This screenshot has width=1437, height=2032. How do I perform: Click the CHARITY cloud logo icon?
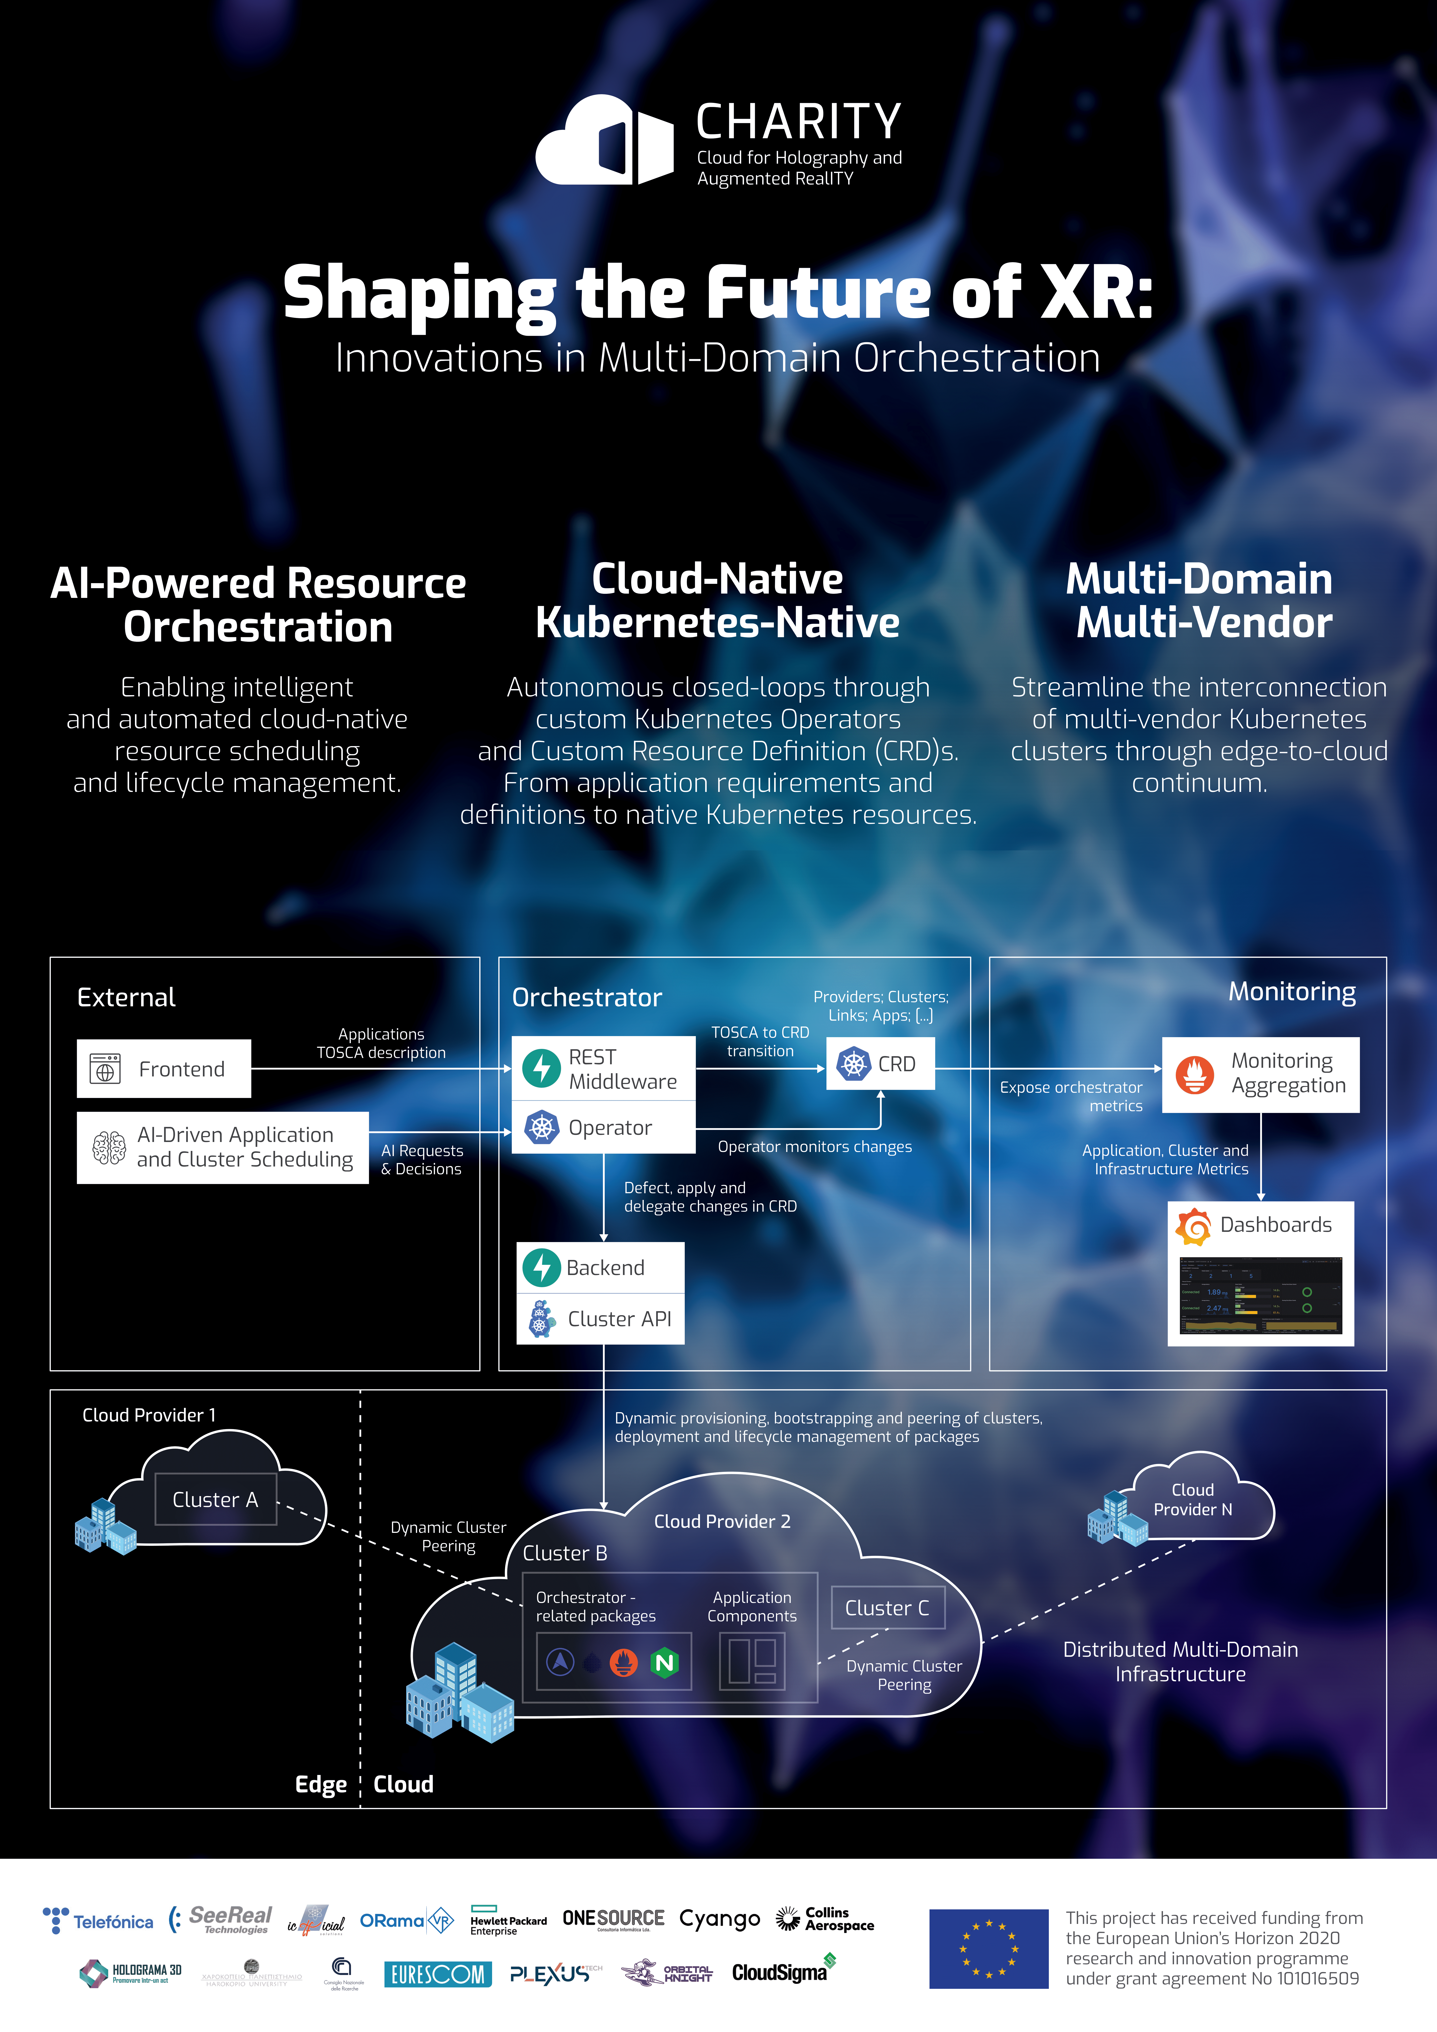click(x=604, y=141)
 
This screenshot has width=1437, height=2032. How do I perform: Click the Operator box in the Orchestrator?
click(x=603, y=1127)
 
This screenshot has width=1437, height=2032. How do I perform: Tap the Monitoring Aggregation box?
click(x=1260, y=1074)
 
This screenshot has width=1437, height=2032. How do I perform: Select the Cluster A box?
click(x=216, y=1499)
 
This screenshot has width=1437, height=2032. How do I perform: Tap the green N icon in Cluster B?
click(x=665, y=1663)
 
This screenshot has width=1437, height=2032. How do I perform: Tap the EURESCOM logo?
click(x=437, y=1974)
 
